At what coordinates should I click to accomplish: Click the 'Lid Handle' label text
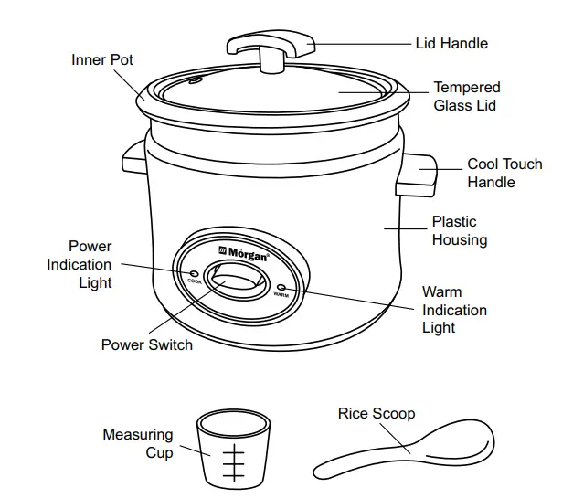click(451, 43)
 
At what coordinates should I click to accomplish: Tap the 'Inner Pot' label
click(102, 60)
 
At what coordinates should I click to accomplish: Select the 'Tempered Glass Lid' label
click(466, 96)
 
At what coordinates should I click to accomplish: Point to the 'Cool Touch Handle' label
click(504, 173)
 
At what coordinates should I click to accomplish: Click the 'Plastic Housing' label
click(459, 230)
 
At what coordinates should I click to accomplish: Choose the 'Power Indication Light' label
click(80, 264)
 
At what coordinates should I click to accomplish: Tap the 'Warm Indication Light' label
click(454, 310)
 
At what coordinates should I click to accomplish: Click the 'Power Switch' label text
click(146, 345)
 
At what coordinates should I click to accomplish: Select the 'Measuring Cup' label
click(138, 443)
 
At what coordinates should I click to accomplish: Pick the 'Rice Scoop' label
click(376, 414)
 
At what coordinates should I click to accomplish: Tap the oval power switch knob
click(234, 279)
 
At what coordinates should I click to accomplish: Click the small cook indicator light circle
click(194, 273)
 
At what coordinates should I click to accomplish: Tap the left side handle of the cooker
click(133, 160)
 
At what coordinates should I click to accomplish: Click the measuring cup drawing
click(235, 450)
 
